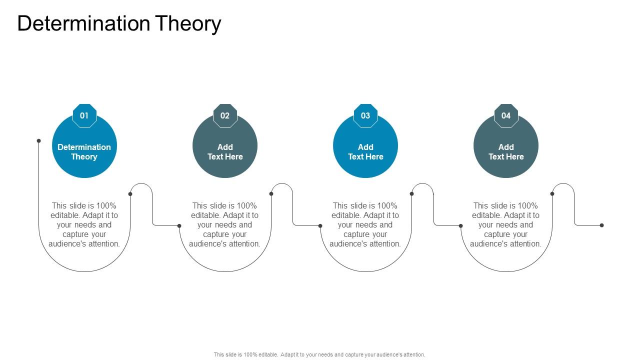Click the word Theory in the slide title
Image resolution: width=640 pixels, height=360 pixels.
pyautogui.click(x=188, y=24)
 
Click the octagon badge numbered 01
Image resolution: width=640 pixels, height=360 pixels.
pyautogui.click(x=84, y=115)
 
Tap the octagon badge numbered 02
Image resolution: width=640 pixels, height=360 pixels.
pyautogui.click(x=225, y=115)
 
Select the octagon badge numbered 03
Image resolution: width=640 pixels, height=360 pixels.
pyautogui.click(x=365, y=115)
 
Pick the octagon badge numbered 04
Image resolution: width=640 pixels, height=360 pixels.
pyautogui.click(x=506, y=115)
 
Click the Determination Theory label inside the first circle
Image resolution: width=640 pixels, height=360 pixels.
pyautogui.click(x=84, y=151)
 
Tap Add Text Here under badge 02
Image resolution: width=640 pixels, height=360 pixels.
pyautogui.click(x=225, y=151)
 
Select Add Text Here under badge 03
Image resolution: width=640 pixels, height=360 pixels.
pyautogui.click(x=365, y=151)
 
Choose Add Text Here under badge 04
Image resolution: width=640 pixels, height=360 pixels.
pyautogui.click(x=506, y=151)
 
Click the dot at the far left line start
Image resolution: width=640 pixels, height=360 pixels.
pyautogui.click(x=38, y=140)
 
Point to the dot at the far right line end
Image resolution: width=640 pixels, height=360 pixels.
pyautogui.click(x=601, y=225)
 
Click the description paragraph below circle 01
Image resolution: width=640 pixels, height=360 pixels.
pyautogui.click(x=84, y=224)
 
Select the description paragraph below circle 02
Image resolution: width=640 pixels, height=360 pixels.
pyautogui.click(x=225, y=224)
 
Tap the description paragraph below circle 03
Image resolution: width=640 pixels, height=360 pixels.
pyautogui.click(x=365, y=224)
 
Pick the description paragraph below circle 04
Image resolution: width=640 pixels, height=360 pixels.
pyautogui.click(x=506, y=224)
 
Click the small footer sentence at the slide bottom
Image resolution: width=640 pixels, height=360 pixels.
pyautogui.click(x=319, y=354)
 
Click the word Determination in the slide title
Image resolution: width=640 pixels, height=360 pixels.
pyautogui.click(x=83, y=24)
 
